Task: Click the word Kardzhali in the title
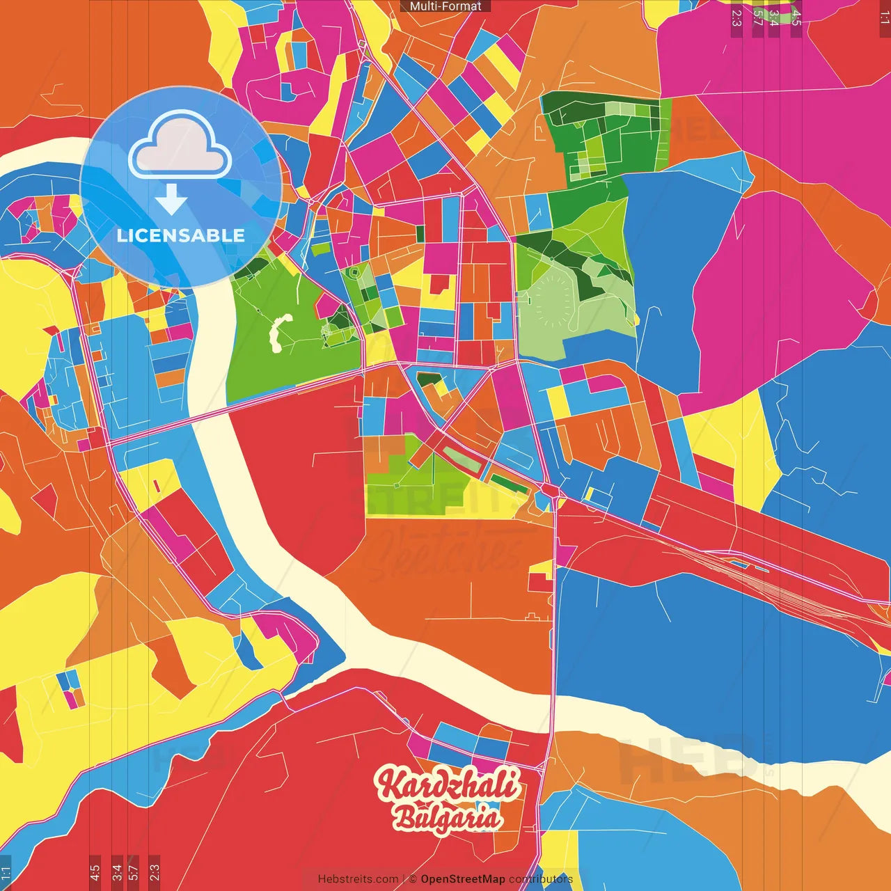pyautogui.click(x=447, y=784)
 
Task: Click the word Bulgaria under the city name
pyautogui.click(x=447, y=819)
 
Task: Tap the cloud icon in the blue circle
pyautogui.click(x=180, y=148)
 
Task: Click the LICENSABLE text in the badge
pyautogui.click(x=180, y=235)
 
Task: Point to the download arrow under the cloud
pyautogui.click(x=171, y=200)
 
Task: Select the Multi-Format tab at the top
pyautogui.click(x=445, y=6)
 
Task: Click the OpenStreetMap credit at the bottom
pyautogui.click(x=462, y=879)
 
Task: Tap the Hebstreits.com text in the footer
pyautogui.click(x=358, y=879)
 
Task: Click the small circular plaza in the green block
pyautogui.click(x=354, y=272)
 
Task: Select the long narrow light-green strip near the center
pyautogui.click(x=462, y=459)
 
